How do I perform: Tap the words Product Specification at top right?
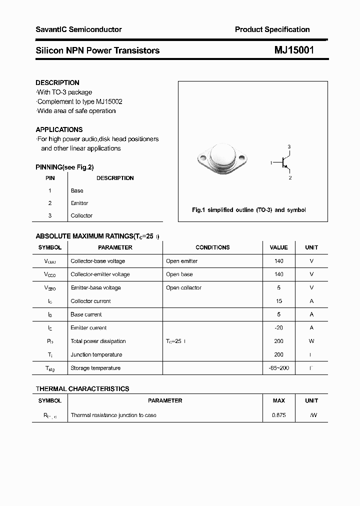(272, 29)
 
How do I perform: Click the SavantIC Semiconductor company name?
(78, 29)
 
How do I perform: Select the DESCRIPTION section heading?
(57, 82)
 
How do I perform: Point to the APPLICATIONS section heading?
(59, 129)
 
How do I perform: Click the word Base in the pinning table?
(77, 190)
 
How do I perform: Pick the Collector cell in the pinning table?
(81, 215)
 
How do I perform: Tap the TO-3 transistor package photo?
(222, 159)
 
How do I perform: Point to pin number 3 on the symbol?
(289, 146)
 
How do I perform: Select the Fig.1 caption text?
(248, 210)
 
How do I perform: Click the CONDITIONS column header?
(212, 247)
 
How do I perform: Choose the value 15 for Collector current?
(279, 301)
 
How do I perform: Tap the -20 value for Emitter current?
(279, 328)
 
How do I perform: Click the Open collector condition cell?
(183, 287)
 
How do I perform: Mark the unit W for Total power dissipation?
(311, 341)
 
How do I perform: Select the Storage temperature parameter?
(95, 368)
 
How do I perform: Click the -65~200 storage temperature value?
(279, 368)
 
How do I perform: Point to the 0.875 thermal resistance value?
(279, 415)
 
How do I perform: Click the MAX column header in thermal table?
(279, 400)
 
